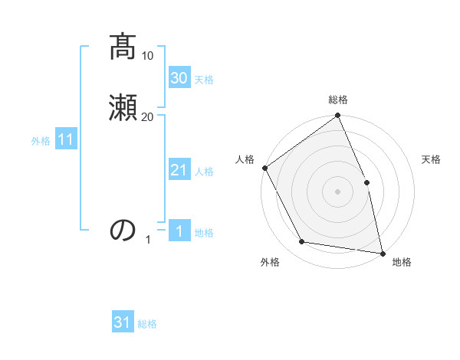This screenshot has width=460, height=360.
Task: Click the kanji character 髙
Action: [123, 48]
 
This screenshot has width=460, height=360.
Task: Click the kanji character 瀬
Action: [123, 107]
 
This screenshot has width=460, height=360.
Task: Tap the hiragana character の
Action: [123, 230]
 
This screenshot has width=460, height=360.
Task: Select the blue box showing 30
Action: [179, 78]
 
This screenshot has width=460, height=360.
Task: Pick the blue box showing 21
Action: [179, 170]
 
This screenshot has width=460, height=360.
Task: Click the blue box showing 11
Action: [66, 140]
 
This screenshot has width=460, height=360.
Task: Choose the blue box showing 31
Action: [123, 323]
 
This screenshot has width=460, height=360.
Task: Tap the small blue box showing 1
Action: [179, 232]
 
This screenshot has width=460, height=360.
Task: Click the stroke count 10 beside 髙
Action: [148, 56]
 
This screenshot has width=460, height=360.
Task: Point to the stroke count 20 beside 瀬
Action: [148, 116]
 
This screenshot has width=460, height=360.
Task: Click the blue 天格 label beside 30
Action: [204, 80]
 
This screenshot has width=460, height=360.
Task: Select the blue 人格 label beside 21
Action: [204, 172]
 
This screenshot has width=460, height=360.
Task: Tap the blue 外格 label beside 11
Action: [41, 141]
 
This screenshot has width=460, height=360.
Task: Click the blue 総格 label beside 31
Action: [147, 324]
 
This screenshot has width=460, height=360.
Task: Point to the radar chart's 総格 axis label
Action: [338, 100]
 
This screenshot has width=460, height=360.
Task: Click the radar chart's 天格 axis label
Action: [431, 159]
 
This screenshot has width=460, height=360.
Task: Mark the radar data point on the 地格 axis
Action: [383, 253]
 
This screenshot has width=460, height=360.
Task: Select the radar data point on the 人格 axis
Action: [264, 168]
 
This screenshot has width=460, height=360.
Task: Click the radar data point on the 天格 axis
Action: [366, 182]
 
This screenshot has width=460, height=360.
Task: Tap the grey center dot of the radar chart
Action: [337, 191]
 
